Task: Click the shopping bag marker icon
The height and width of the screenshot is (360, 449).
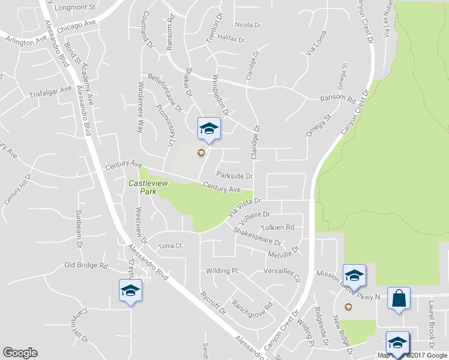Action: pyautogui.click(x=399, y=298)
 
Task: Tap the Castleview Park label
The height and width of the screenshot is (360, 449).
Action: pyautogui.click(x=143, y=187)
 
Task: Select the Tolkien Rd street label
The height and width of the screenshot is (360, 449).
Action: pyautogui.click(x=277, y=228)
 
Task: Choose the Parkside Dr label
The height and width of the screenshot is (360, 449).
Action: pyautogui.click(x=235, y=176)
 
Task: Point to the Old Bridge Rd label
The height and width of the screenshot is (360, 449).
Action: pyautogui.click(x=86, y=265)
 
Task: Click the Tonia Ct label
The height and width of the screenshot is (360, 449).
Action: pyautogui.click(x=169, y=246)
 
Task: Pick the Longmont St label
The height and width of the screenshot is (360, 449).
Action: pyautogui.click(x=74, y=7)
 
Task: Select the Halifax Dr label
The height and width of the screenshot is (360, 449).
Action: pyautogui.click(x=232, y=39)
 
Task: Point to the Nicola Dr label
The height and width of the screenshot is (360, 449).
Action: pyautogui.click(x=248, y=25)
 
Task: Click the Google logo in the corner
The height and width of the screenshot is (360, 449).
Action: pyautogui.click(x=20, y=353)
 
